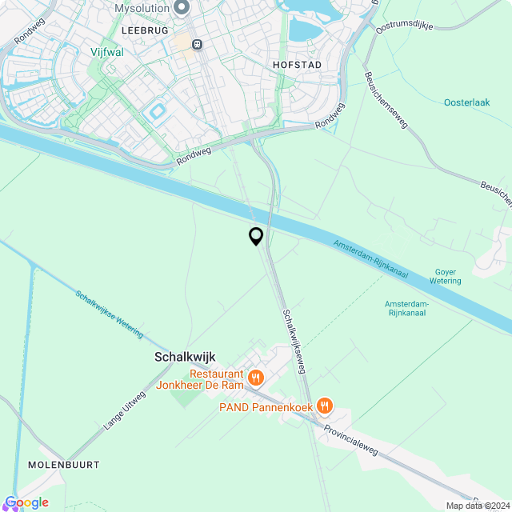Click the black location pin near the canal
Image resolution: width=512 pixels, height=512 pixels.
pos(256,236)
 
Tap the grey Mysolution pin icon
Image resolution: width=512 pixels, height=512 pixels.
pos(182,8)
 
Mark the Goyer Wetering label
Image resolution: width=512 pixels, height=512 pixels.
pos(446,276)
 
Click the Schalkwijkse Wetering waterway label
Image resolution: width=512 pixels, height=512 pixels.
pos(110,311)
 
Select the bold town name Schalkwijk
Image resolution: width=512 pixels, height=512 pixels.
pos(185,358)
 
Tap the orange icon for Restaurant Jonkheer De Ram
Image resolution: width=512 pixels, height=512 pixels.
pos(256,378)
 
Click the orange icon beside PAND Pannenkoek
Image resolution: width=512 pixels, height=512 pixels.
pos(323,406)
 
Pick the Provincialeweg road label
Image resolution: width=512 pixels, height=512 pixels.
pos(351,440)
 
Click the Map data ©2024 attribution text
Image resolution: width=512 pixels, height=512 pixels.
pos(477,506)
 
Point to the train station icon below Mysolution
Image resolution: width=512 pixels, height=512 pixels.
pos(197,43)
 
